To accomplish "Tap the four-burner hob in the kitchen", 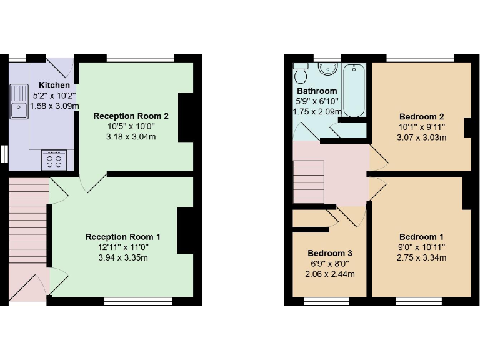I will click(54, 161).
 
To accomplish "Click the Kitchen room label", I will click(54, 85).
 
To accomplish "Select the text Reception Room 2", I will click(131, 116).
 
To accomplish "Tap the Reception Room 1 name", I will click(123, 237).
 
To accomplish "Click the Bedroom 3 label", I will click(329, 253).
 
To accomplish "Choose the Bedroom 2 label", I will click(421, 117).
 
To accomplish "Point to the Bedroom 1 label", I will click(421, 237).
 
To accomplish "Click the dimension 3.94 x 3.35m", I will click(123, 258).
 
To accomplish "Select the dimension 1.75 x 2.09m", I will click(317, 111).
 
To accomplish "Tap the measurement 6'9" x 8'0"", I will click(329, 264).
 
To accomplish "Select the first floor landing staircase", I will click(309, 181).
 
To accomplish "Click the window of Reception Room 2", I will click(140, 58).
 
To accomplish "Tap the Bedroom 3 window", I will click(326, 302).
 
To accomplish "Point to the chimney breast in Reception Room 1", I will click(186, 231).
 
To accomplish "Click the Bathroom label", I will click(317, 91).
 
